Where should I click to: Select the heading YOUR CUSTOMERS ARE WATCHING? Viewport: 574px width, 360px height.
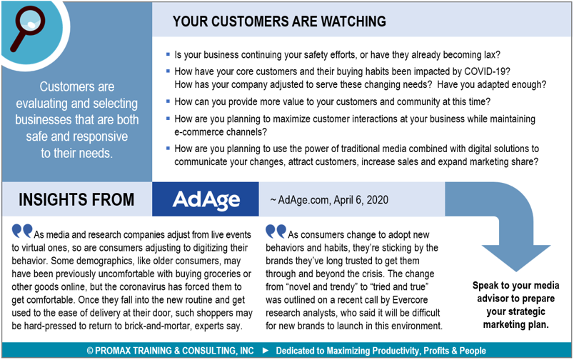point(279,21)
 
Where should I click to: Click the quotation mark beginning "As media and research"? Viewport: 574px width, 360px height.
point(22,231)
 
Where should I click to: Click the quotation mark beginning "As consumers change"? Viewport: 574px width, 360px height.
point(276,231)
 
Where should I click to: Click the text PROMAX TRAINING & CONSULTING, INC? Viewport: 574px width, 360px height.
point(170,351)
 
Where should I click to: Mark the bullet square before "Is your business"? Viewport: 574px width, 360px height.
point(168,54)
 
